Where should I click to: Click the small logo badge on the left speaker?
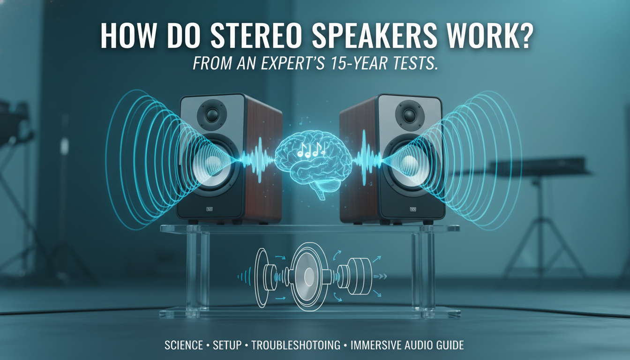[x=210, y=210]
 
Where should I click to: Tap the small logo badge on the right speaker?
[x=413, y=210]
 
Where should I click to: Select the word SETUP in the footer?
[x=227, y=346]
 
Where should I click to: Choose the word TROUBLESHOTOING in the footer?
[x=296, y=346]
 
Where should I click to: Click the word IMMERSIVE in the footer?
[x=375, y=346]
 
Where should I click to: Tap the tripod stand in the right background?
[x=544, y=234]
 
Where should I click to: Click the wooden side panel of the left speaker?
[x=262, y=159]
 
